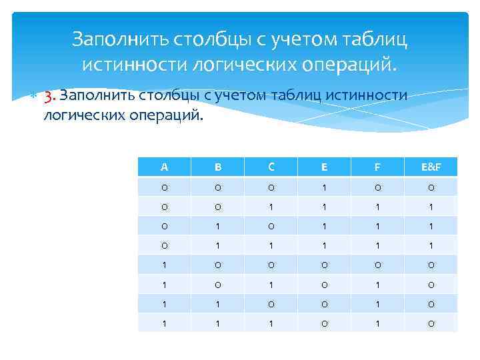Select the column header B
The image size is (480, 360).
click(217, 167)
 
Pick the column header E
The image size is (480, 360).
click(324, 167)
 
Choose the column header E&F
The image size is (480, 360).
click(431, 167)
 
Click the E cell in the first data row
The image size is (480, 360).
click(324, 186)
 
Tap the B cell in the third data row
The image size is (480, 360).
click(217, 225)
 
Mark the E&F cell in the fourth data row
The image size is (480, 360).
click(431, 245)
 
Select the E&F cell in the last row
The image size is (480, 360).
click(431, 323)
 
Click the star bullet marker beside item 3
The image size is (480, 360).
click(31, 95)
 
